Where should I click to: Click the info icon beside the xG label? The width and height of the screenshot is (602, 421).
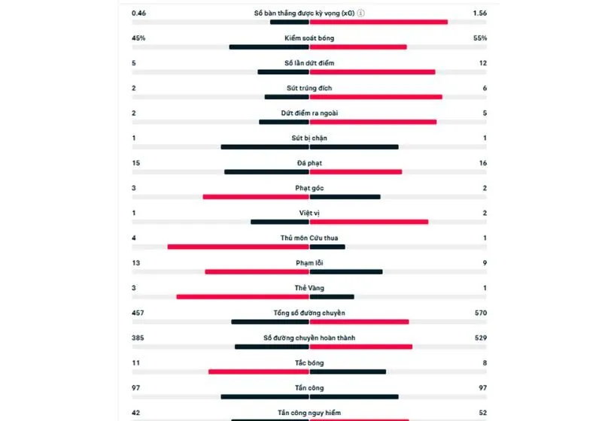point(360,14)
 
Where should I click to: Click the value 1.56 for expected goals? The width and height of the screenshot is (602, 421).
point(479,14)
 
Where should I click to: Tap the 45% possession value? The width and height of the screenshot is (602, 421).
point(138,38)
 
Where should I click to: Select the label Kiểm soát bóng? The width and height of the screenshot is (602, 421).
point(309,38)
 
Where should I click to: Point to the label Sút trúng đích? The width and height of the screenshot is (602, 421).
point(309,88)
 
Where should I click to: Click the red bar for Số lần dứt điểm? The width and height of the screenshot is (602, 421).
point(372,72)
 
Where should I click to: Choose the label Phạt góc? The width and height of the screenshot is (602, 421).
point(309,188)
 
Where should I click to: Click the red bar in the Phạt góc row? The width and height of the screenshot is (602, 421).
point(256,197)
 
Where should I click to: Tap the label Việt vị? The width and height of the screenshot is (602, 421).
point(309,213)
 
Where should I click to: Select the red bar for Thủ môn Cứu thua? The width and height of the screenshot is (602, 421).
point(238,247)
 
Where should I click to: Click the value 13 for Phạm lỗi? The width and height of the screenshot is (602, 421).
point(135,263)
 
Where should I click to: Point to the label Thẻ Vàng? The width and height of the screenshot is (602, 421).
point(309,288)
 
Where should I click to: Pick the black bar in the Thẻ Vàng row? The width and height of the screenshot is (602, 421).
point(332,297)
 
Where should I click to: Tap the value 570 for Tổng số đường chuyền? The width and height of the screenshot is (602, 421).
point(481,313)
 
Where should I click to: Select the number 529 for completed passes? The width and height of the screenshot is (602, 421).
point(481,338)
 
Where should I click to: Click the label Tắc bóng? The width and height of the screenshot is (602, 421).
point(309,362)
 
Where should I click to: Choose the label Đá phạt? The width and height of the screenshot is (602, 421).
point(309,163)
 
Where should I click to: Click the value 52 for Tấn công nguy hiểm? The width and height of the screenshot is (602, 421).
point(482,412)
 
